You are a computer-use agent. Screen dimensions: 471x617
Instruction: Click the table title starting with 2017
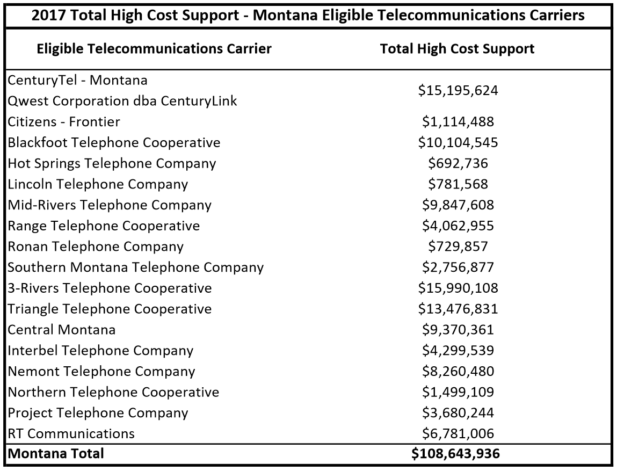coord(308,15)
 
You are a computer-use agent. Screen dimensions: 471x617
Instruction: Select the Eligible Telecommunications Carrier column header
coord(154,49)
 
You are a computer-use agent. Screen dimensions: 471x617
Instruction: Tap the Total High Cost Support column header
coord(457,49)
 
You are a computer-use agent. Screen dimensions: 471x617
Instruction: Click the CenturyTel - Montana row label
coord(77,81)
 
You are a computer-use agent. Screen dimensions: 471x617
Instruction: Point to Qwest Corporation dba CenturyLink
coord(122,101)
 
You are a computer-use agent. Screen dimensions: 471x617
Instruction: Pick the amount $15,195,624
coord(458,91)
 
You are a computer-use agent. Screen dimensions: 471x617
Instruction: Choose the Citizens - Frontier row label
coord(64,122)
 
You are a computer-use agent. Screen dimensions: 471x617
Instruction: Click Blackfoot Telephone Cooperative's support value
coord(458,143)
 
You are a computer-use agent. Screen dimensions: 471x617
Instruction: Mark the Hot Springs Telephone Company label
coord(112,163)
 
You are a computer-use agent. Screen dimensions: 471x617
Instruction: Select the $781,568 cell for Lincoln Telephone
coord(458,184)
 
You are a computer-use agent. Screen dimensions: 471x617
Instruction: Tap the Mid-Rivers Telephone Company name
coord(110,205)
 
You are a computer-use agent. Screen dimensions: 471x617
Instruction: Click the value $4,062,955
coord(458,226)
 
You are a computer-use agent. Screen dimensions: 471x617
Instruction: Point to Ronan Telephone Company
coord(96,247)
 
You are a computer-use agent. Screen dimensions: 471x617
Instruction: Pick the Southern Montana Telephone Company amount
coord(458,267)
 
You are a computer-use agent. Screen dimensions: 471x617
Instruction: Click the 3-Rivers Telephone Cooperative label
coord(110,288)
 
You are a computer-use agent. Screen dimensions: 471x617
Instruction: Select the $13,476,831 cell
coord(458,309)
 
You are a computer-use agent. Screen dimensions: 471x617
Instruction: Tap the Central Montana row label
coord(62,330)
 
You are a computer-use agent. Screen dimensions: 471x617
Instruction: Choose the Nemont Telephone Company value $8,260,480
coord(458,371)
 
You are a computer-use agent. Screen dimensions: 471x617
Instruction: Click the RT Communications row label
coord(71,433)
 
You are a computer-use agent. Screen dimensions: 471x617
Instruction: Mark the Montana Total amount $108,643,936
coord(455,454)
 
